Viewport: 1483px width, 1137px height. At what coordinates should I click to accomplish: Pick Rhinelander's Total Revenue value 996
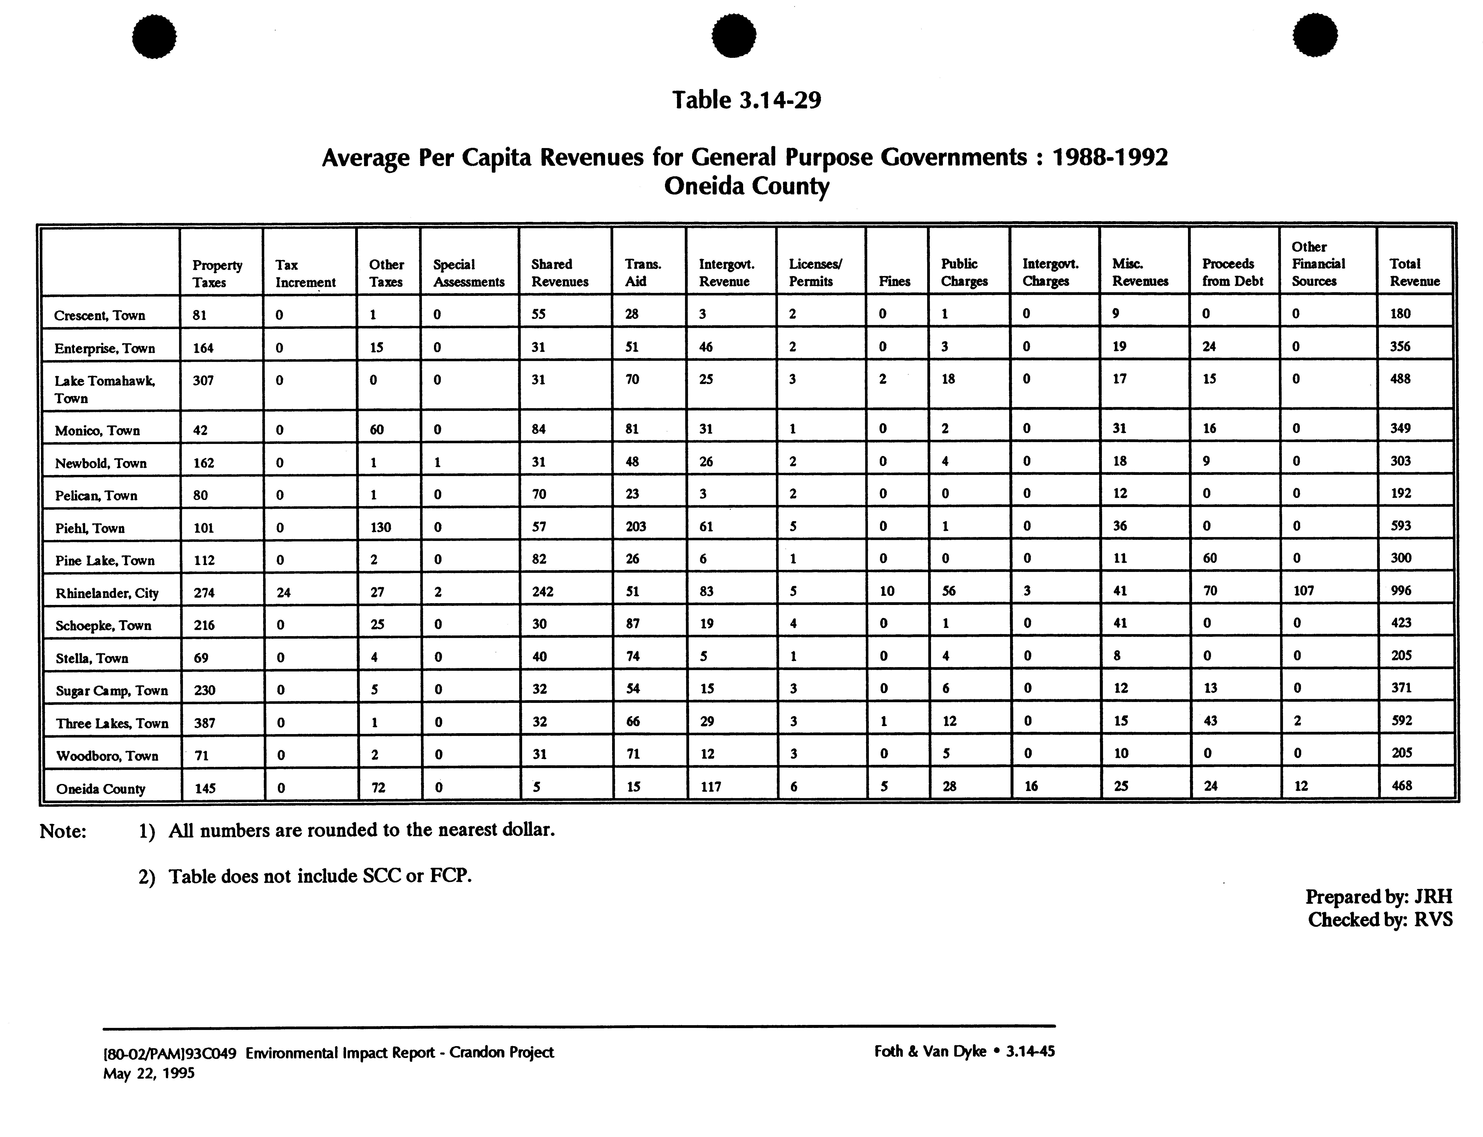[1401, 590]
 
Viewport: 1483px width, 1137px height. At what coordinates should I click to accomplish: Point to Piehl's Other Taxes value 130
[380, 527]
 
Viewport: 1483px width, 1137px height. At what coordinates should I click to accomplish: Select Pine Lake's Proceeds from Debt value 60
[1210, 558]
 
